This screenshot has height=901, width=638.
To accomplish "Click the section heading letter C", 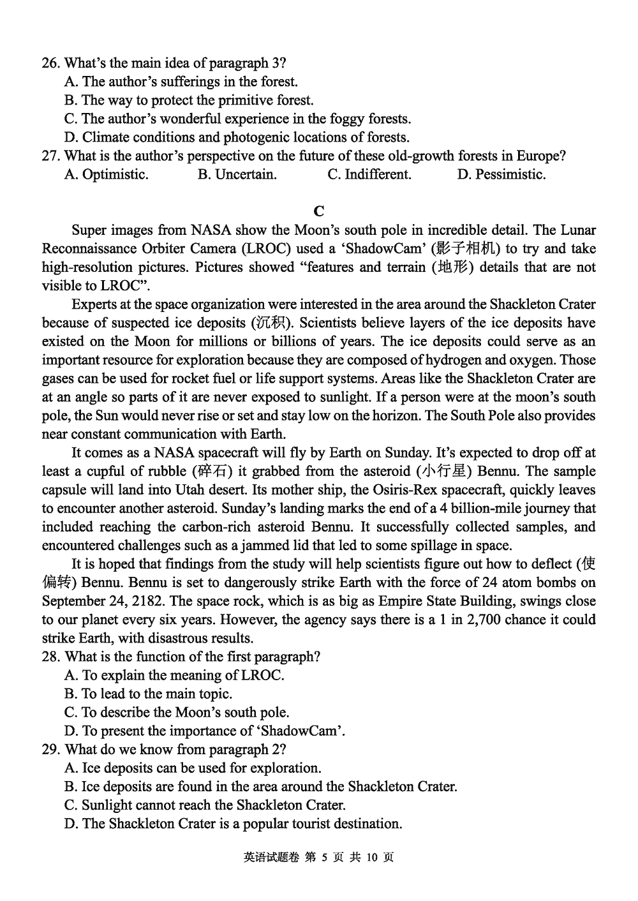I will [320, 211].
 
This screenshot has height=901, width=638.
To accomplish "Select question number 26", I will [50, 63].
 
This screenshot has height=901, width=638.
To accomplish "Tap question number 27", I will [50, 156].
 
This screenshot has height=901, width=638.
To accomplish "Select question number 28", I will [50, 657].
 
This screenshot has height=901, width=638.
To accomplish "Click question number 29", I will [50, 749].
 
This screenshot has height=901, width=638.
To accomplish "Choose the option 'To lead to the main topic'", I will [148, 694].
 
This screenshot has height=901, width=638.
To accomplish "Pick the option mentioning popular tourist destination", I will [233, 823].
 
